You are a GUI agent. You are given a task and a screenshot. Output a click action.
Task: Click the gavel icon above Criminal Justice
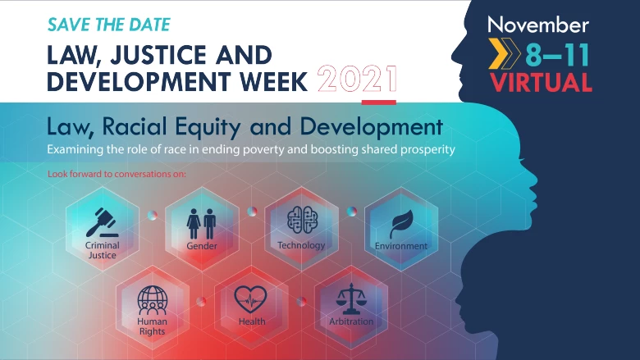(102, 222)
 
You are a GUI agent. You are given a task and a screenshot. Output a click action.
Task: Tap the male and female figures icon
(201, 224)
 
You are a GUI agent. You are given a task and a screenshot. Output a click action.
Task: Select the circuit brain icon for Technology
(302, 219)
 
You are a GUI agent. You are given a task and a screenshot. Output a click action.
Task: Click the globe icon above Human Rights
(153, 299)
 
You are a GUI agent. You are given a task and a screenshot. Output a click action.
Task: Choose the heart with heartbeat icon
(250, 299)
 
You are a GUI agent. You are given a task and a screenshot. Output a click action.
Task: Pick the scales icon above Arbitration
(351, 298)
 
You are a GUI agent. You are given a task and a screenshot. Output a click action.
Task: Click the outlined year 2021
(357, 79)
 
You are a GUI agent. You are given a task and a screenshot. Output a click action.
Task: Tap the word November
(538, 25)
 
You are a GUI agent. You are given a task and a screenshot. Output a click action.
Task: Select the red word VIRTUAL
(541, 83)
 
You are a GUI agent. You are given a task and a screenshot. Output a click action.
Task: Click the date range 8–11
(557, 55)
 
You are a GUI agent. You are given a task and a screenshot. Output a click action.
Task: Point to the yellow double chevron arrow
(505, 53)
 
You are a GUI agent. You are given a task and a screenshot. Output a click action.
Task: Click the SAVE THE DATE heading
(109, 25)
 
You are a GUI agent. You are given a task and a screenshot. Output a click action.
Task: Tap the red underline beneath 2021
(379, 103)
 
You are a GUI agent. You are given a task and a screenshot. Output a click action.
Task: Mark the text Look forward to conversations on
(117, 174)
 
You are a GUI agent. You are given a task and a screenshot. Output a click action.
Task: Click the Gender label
(202, 246)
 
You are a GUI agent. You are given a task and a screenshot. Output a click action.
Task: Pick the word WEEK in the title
(273, 81)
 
